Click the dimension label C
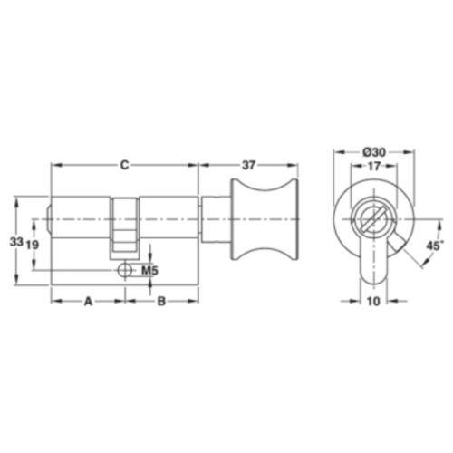[x=124, y=165]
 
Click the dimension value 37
[x=248, y=165]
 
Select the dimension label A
[x=88, y=301]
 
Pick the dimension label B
[x=161, y=301]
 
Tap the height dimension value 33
[x=16, y=242]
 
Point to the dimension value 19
[x=32, y=245]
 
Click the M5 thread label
[x=149, y=270]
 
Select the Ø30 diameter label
[x=374, y=152]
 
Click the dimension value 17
[x=374, y=166]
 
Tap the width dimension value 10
[x=373, y=301]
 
